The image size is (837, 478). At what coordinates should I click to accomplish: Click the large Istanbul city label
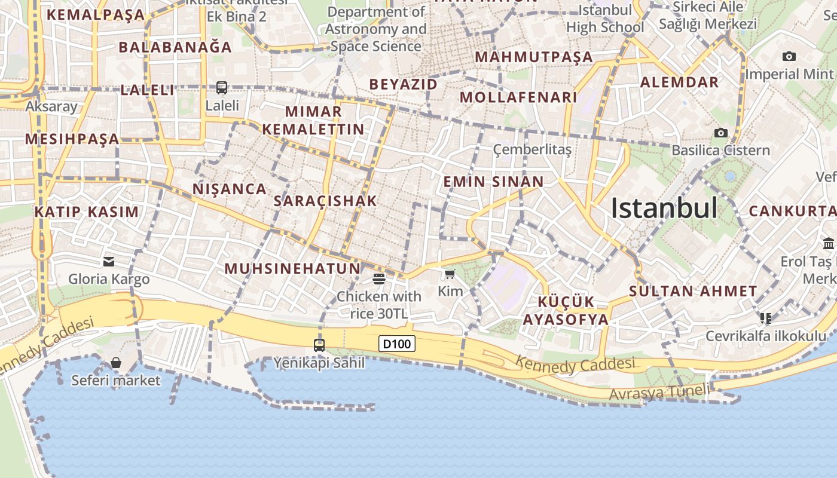664,209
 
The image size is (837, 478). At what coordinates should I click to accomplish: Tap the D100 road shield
397,344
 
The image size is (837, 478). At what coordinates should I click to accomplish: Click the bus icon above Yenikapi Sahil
319,345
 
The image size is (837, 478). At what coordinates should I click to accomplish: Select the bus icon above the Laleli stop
222,88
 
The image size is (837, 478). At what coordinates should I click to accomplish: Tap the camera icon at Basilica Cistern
721,133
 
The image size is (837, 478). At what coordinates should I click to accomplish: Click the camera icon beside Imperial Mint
789,57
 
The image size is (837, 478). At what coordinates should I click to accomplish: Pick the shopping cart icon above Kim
450,274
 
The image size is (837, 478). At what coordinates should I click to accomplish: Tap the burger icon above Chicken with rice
378,278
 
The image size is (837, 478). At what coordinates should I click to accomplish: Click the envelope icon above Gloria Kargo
109,261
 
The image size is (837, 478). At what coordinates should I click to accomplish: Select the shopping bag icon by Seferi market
116,363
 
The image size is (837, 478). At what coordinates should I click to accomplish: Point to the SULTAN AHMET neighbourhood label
693,292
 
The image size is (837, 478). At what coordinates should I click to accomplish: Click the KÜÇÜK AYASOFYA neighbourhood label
565,310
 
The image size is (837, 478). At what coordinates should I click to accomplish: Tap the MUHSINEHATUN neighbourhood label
293,269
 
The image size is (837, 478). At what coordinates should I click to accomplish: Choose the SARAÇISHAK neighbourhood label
325,201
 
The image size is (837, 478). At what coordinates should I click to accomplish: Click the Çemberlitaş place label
532,149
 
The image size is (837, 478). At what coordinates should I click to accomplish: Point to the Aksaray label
51,107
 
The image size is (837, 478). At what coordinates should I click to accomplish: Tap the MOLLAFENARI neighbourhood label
518,97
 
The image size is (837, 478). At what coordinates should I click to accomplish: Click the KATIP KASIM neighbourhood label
87,212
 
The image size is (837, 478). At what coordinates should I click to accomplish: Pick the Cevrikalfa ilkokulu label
765,336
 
